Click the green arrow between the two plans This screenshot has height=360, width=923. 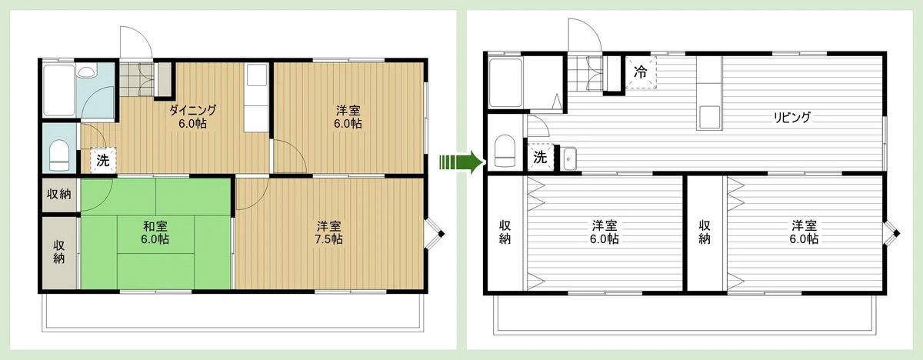[x=461, y=162]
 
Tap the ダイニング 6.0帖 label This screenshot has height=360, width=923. [x=192, y=117]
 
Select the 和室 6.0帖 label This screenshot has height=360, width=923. [x=155, y=232]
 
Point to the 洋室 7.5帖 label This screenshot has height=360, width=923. [x=328, y=232]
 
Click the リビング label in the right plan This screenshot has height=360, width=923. [x=791, y=118]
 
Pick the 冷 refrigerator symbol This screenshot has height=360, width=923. [x=640, y=72]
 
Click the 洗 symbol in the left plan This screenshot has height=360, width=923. [x=103, y=160]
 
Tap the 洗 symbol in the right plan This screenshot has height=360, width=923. [x=540, y=157]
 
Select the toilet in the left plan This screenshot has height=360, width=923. [x=59, y=155]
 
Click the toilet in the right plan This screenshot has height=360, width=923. [x=505, y=151]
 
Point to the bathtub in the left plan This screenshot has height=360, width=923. [x=59, y=90]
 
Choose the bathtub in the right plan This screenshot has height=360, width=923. [x=505, y=82]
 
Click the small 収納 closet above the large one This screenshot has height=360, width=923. [x=59, y=195]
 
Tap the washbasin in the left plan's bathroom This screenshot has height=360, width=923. [x=86, y=72]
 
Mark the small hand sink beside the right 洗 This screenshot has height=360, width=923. [x=570, y=158]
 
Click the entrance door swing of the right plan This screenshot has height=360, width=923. [x=585, y=35]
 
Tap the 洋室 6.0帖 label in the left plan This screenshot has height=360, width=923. [x=348, y=117]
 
